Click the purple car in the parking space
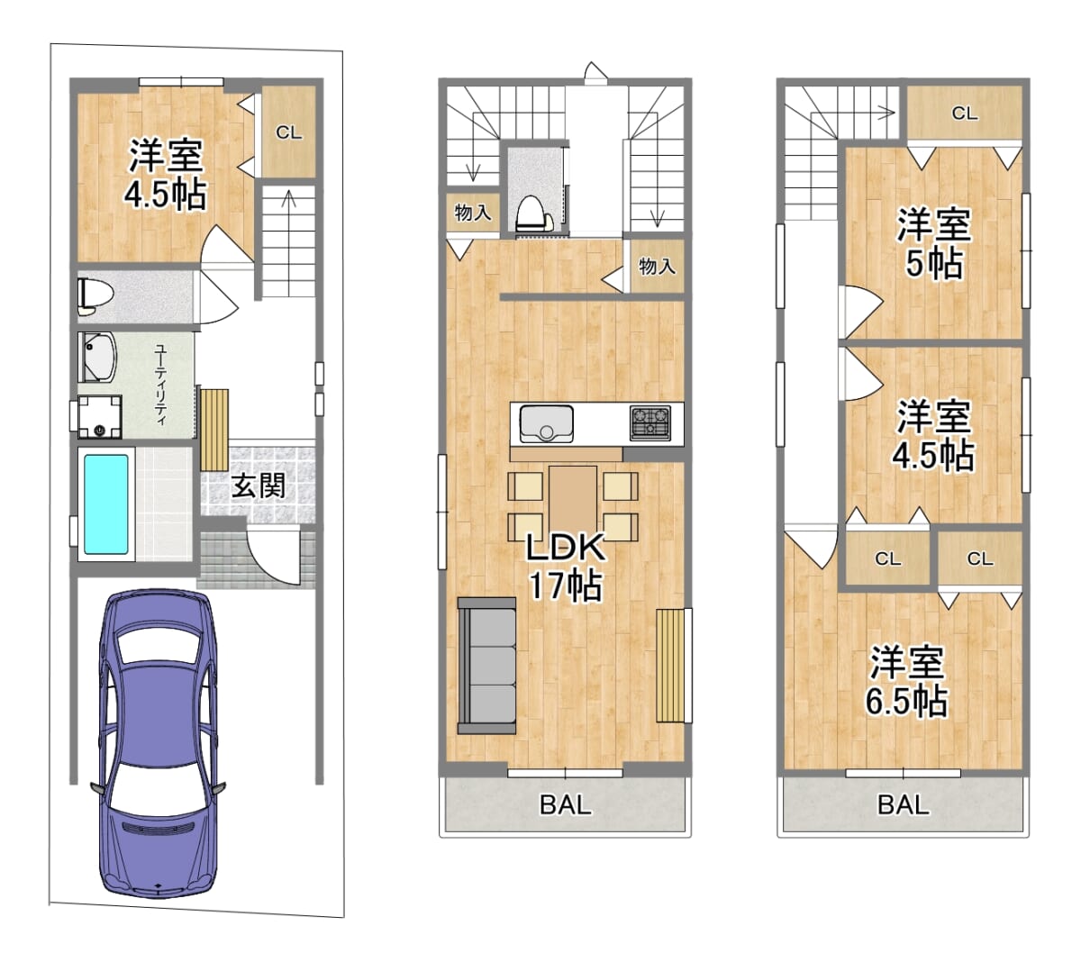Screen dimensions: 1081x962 [158, 745]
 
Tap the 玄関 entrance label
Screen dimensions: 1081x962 [258, 486]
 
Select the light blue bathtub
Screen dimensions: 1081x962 [106, 504]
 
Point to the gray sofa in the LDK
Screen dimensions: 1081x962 [486, 666]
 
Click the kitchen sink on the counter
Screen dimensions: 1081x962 [547, 424]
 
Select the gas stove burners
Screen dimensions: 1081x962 [650, 423]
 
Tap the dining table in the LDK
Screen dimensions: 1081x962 [573, 501]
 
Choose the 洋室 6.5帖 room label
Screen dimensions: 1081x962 [906, 681]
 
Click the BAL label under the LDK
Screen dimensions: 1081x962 [565, 804]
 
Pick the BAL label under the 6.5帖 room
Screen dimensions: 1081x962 [903, 804]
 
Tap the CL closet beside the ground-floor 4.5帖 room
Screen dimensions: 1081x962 [288, 132]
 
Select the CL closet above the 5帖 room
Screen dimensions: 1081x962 [964, 113]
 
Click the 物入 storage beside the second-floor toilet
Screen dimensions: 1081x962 [472, 213]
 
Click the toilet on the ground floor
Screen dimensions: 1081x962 [95, 295]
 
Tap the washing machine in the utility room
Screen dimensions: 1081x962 [100, 417]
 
